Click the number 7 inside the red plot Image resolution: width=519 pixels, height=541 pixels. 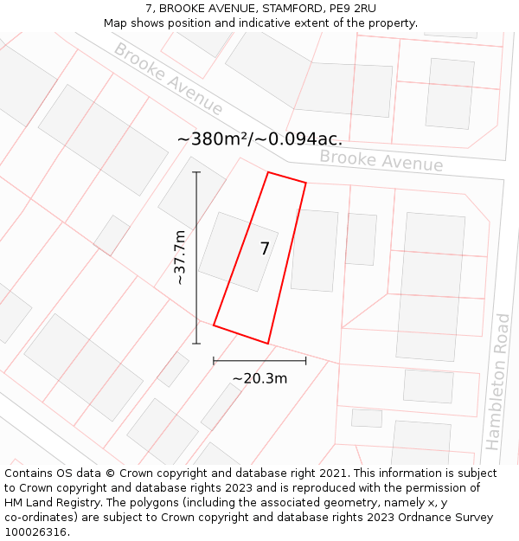(265, 249)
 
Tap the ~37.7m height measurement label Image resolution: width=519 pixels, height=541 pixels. (180, 257)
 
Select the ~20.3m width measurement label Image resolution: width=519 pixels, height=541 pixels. (259, 378)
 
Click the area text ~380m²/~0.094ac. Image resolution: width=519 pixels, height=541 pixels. (259, 138)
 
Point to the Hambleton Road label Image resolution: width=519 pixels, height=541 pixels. (497, 382)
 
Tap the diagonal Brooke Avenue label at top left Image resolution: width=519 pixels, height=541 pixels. (169, 79)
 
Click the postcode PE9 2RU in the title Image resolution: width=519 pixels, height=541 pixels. (353, 9)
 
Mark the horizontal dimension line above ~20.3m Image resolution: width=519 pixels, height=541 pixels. (259, 360)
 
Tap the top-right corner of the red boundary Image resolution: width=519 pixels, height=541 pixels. (305, 183)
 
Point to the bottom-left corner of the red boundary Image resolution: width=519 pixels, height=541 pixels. (214, 325)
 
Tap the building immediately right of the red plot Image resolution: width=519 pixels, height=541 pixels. (314, 250)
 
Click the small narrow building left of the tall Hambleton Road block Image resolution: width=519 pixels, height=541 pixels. (361, 239)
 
